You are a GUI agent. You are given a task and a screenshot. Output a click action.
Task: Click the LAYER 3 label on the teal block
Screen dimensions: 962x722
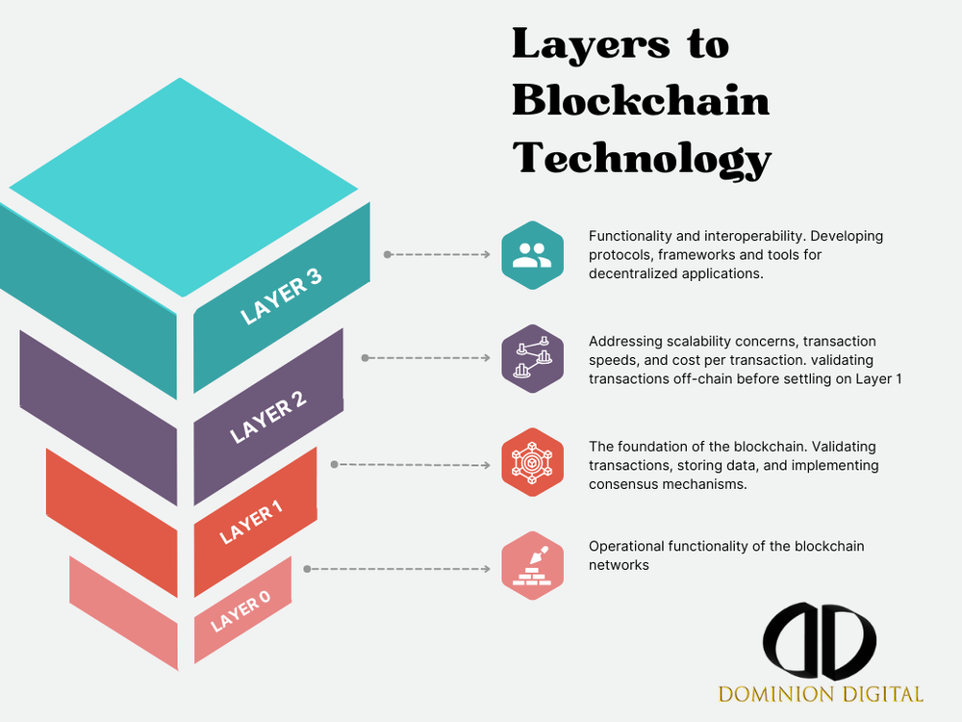point(281,297)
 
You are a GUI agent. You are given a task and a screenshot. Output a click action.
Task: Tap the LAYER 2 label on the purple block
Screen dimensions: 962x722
point(268,416)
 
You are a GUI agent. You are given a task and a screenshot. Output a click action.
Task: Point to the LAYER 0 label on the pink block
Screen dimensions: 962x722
point(240,611)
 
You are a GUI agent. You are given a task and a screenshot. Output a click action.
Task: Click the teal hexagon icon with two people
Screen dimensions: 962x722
point(532,255)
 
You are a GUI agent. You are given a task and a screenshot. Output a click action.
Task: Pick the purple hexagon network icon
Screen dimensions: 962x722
point(532,358)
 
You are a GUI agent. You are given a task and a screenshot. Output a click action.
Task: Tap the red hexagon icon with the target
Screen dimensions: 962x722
point(532,463)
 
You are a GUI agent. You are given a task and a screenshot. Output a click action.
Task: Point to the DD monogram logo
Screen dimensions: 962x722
point(821,640)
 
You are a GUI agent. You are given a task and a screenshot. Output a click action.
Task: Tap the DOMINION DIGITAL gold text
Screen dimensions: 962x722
point(821,693)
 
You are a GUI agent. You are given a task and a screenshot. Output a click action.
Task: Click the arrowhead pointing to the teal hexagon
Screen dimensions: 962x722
point(486,255)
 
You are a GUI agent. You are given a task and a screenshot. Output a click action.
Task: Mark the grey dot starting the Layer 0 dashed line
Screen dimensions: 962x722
point(307,569)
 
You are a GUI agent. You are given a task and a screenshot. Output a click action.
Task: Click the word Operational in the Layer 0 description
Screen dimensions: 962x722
point(624,546)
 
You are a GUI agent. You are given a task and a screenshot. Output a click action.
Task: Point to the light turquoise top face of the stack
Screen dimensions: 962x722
point(183,183)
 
